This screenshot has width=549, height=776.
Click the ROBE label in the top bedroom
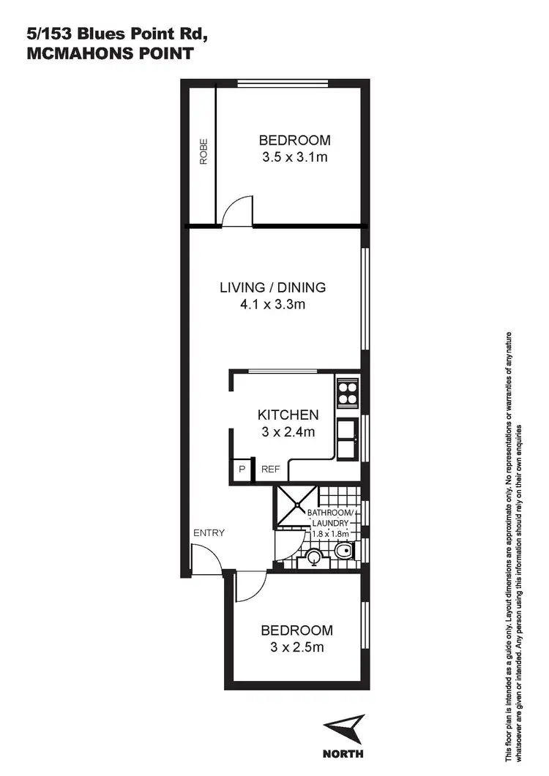pyautogui.click(x=203, y=152)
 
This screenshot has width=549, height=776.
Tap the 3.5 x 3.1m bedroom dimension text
pyautogui.click(x=294, y=157)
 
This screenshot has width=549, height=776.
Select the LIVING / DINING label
pyautogui.click(x=273, y=287)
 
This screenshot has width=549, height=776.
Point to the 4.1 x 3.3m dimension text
pyautogui.click(x=273, y=304)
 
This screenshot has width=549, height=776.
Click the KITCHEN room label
pyautogui.click(x=288, y=415)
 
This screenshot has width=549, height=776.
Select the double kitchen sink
pyautogui.click(x=346, y=438)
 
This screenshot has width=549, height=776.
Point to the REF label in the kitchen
pyautogui.click(x=270, y=470)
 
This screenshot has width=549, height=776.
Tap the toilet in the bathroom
pyautogui.click(x=342, y=550)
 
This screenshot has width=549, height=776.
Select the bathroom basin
pyautogui.click(x=313, y=558)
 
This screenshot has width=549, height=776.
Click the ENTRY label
pyautogui.click(x=209, y=532)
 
